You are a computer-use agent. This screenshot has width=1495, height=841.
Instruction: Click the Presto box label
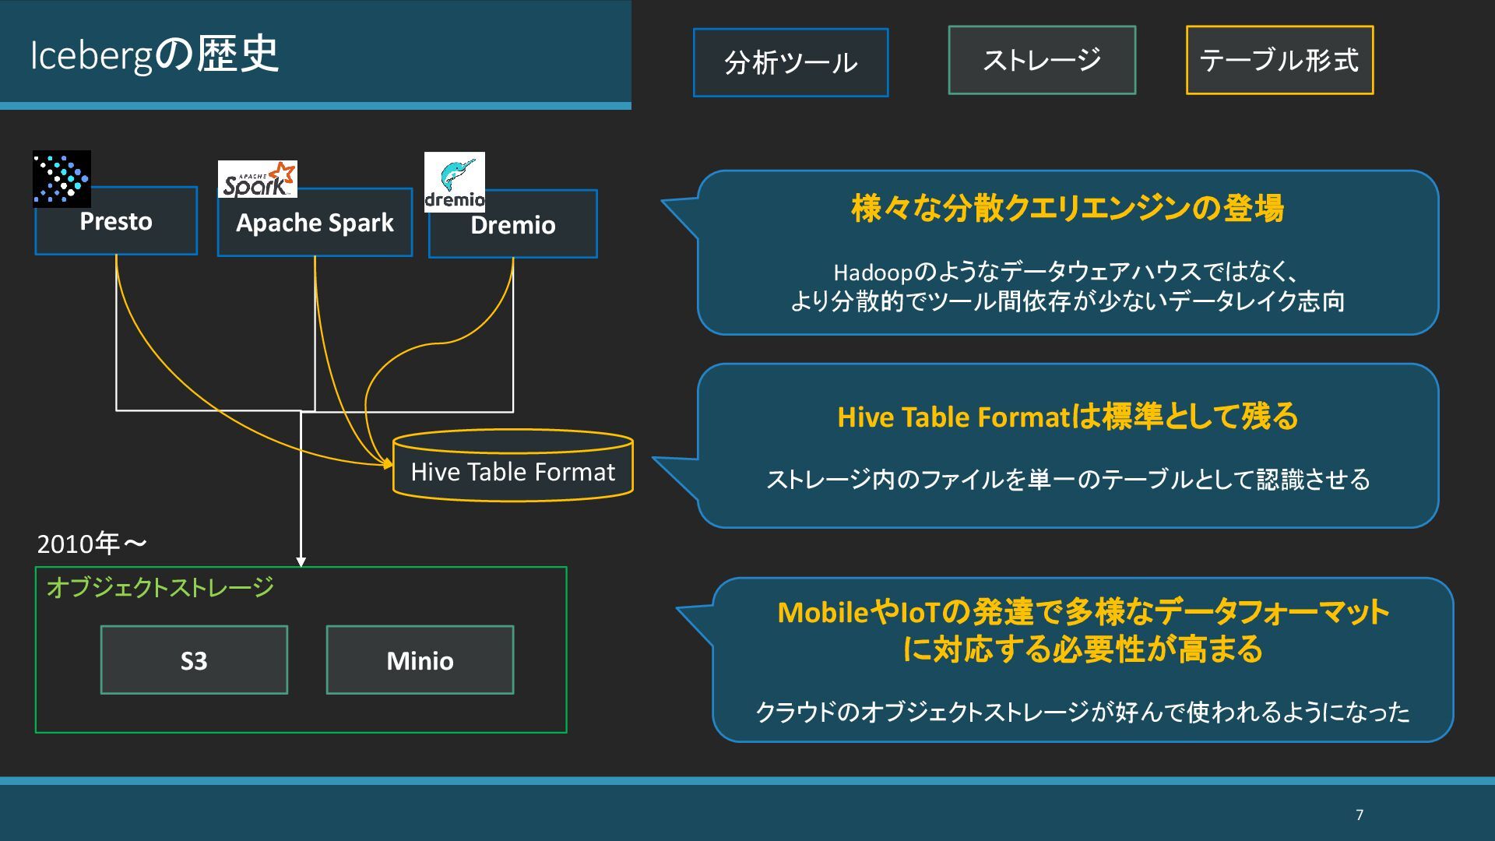116,222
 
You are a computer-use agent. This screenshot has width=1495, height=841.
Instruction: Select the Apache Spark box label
315,223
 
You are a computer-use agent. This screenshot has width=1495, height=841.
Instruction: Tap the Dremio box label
513,226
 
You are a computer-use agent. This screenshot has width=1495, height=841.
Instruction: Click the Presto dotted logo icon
62,178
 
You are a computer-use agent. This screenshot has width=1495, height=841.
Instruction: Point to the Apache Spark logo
257,179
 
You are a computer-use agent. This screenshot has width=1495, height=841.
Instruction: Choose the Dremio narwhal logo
455,182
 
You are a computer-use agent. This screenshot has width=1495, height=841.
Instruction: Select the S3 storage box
194,660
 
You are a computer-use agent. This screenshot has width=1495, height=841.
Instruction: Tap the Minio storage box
420,660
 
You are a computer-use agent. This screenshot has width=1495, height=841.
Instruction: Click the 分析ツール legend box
790,62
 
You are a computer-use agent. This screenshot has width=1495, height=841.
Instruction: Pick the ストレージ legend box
1042,60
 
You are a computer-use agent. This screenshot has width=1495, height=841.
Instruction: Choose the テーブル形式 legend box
1279,60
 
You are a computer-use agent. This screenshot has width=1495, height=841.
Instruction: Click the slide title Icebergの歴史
154,55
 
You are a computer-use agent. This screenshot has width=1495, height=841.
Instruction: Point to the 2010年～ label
92,544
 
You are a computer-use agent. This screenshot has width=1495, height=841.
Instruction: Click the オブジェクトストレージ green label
160,587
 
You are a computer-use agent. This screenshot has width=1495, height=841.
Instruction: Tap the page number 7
1360,815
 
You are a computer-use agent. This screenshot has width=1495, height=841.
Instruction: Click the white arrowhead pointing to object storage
301,561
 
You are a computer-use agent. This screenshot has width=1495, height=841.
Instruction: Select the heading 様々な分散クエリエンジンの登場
1068,209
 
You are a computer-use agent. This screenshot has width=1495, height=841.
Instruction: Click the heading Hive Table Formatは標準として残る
1068,417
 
